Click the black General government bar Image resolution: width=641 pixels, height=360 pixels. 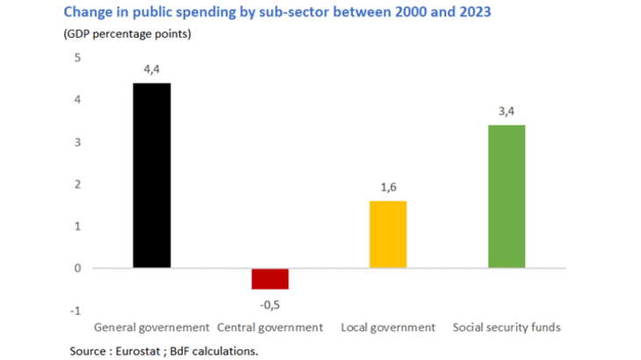point(152,176)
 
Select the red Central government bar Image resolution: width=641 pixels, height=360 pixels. point(270,278)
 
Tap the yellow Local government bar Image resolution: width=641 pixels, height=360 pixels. point(387,234)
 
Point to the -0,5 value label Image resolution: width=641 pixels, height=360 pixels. point(270,304)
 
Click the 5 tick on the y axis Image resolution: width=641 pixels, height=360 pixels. point(76,59)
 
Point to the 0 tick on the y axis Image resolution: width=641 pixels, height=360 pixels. point(76,269)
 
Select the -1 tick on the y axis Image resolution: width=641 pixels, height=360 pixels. point(75,311)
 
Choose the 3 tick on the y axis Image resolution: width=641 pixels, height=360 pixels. point(76,142)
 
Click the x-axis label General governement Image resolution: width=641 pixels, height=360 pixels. point(152,328)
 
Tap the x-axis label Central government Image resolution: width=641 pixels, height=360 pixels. point(270,328)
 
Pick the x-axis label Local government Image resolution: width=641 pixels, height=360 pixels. point(387,328)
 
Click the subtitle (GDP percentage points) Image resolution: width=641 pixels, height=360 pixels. point(127,35)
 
